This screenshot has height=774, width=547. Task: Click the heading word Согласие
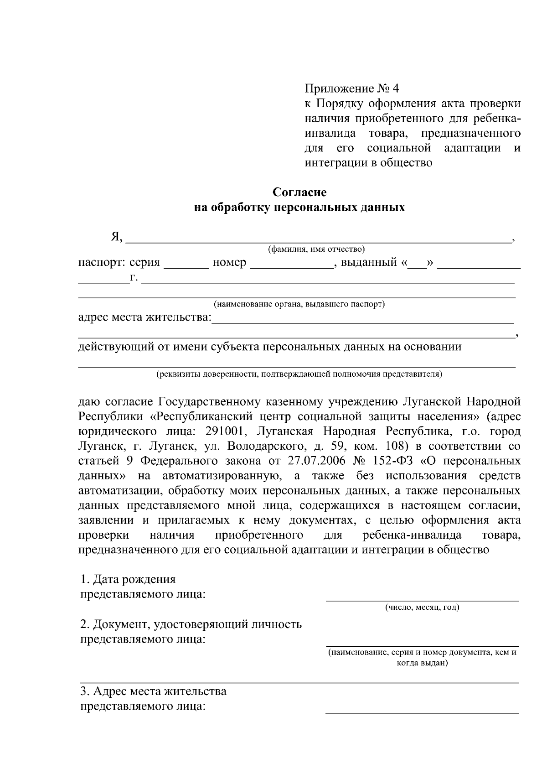point(299,192)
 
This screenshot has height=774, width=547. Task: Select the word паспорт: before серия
point(102,262)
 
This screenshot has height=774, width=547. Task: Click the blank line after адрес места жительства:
point(363,321)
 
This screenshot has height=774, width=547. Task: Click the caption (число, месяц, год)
point(422,607)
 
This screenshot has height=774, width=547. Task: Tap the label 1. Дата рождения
point(128,579)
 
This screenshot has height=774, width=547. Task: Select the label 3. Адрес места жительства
point(153,691)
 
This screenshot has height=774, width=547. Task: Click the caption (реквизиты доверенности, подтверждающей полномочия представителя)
point(299,374)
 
